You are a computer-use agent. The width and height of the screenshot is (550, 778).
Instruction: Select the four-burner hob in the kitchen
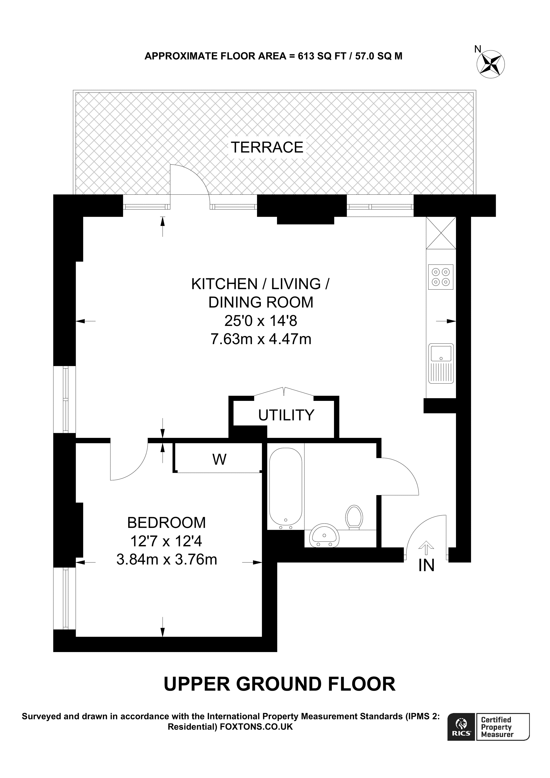[440, 277]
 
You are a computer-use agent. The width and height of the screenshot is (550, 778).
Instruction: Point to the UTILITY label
[286, 415]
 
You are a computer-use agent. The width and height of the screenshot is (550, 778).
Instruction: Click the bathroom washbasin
[324, 536]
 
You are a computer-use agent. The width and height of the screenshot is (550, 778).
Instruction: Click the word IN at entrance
[426, 565]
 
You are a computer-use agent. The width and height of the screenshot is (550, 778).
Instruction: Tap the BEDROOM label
[166, 523]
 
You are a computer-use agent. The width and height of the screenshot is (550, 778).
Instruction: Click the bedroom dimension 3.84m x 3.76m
[166, 559]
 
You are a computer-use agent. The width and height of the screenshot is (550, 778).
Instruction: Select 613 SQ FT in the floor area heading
[321, 56]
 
